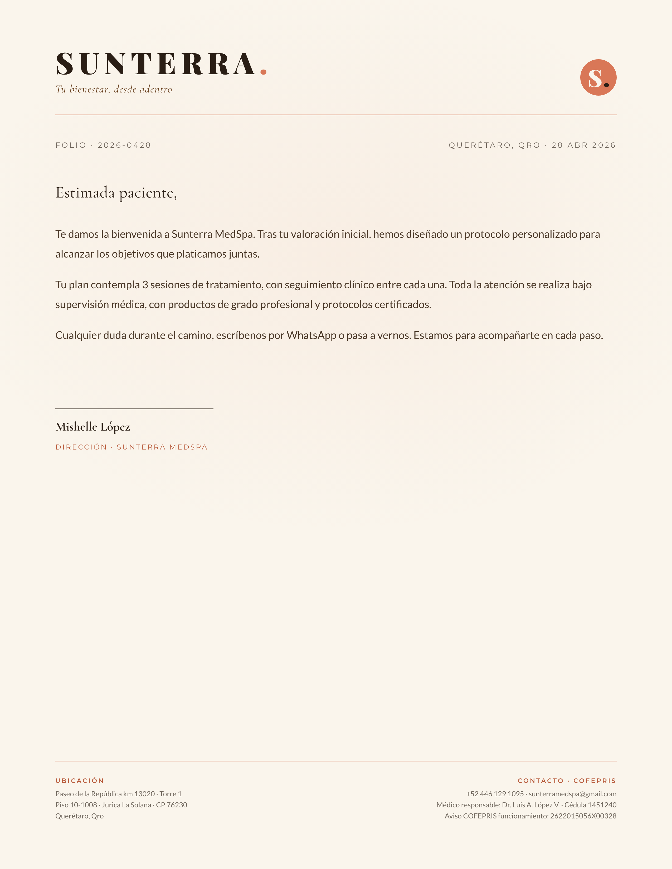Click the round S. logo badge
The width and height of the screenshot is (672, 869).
598,78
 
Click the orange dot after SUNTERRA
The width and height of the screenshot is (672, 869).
263,72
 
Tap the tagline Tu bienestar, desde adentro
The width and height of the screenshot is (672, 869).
114,89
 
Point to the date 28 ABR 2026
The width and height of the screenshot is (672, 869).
584,145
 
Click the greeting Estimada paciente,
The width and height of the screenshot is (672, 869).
116,193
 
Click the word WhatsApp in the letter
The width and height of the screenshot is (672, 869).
311,335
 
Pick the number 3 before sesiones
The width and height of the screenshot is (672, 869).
145,285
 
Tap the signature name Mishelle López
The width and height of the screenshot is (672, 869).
93,427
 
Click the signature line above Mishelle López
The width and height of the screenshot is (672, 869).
134,409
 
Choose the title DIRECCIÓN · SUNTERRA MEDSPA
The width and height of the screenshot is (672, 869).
132,447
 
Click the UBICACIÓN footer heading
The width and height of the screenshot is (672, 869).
80,781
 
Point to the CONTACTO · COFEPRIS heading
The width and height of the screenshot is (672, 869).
567,781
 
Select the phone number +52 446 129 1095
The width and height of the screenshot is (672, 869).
495,794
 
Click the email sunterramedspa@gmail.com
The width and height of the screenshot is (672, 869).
572,794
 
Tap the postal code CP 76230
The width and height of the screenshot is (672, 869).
171,805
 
